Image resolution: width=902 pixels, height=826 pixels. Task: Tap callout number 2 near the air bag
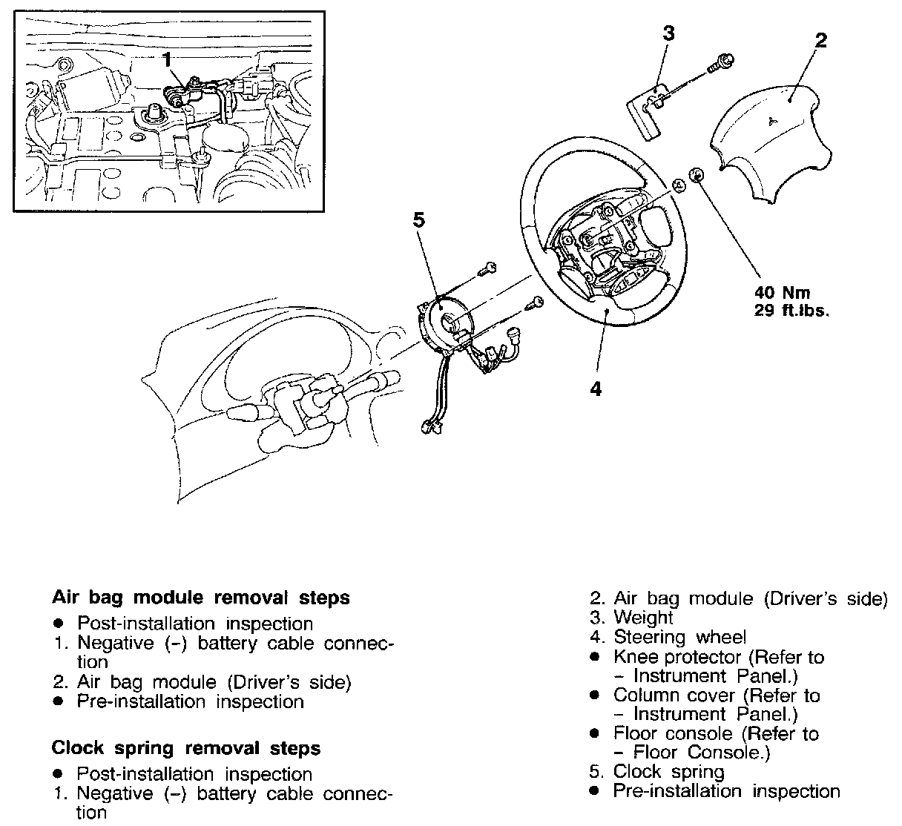(x=820, y=39)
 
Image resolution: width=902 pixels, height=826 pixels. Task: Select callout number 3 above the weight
(x=668, y=34)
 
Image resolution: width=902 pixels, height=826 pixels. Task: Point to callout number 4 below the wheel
(x=596, y=389)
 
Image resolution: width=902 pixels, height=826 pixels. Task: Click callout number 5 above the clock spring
(x=418, y=220)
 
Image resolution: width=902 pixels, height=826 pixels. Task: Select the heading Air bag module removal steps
(x=201, y=598)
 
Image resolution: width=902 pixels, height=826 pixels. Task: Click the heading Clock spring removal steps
(x=186, y=748)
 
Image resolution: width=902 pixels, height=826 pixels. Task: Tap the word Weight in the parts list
(x=643, y=618)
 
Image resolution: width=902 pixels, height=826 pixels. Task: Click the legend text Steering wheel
(x=679, y=637)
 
